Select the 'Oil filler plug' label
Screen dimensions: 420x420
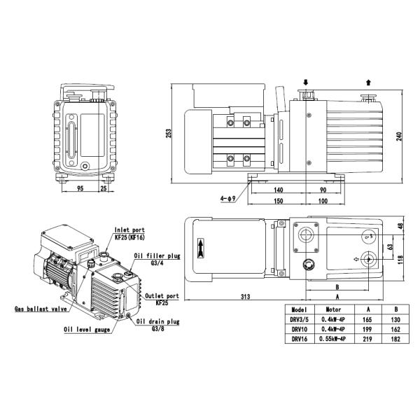(x=156, y=255)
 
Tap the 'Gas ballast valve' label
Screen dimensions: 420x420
(x=39, y=308)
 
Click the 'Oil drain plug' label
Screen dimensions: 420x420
(x=160, y=321)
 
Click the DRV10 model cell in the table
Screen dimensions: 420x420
(x=298, y=328)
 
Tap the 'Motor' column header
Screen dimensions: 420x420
(x=332, y=309)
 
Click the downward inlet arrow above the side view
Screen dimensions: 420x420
(x=305, y=82)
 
